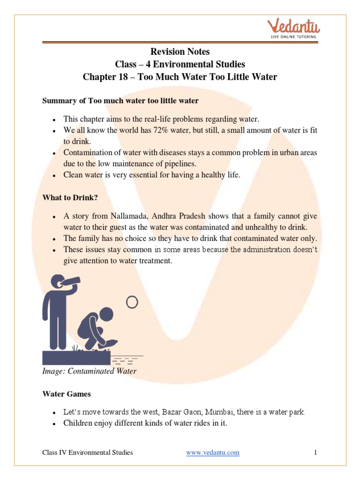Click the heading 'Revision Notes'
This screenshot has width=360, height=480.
click(x=180, y=52)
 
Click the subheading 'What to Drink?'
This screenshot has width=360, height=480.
click(x=70, y=198)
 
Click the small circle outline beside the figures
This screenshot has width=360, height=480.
click(x=132, y=302)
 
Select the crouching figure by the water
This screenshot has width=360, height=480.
click(x=96, y=328)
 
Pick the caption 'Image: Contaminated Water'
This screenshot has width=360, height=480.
click(x=89, y=371)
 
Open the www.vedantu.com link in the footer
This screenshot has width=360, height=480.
click(x=212, y=452)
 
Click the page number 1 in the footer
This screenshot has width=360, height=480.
click(x=316, y=452)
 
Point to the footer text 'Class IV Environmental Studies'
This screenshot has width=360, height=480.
click(x=88, y=452)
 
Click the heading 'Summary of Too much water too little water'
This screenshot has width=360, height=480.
click(x=120, y=100)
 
